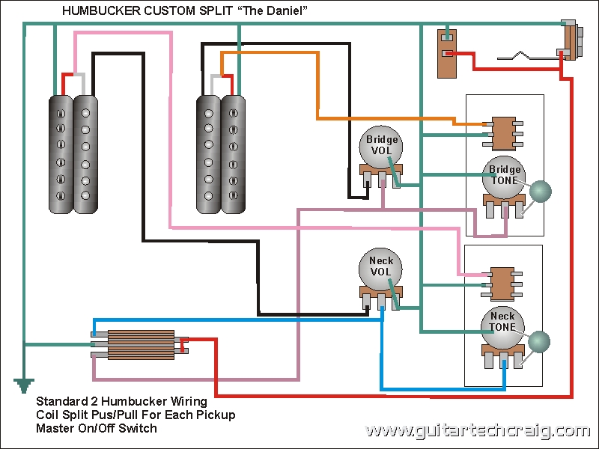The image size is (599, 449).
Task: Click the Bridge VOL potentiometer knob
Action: click(382, 147)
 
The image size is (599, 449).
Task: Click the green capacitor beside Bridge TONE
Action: click(540, 191)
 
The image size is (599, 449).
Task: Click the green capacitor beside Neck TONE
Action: click(538, 342)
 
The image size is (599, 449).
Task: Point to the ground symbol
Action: click(24, 386)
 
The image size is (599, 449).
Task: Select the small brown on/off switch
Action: click(447, 52)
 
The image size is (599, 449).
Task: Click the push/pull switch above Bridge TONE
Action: click(502, 132)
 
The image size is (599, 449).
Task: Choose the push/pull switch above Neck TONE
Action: click(502, 282)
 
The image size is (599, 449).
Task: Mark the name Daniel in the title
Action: click(281, 10)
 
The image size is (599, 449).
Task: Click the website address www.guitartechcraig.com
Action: click(477, 431)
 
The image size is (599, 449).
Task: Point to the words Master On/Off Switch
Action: click(97, 429)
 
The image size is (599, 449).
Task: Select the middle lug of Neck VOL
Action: click(381, 302)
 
